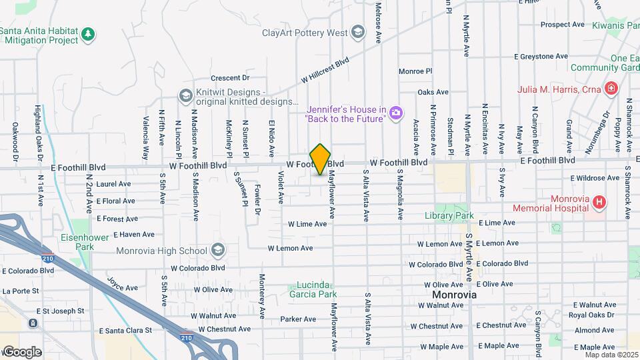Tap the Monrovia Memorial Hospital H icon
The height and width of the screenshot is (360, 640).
coord(600,202)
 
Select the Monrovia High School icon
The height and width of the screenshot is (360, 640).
coord(217,251)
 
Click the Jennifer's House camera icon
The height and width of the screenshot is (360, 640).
coord(396,113)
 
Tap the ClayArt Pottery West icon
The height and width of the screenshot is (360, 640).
coord(358,32)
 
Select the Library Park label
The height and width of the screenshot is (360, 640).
coord(449,215)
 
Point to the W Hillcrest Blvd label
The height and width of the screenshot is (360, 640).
coord(325,69)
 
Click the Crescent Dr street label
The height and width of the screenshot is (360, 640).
coord(229,77)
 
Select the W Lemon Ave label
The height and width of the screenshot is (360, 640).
coord(290,248)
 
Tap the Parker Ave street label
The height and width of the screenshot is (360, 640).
coord(292,319)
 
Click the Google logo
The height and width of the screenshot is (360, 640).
coord(21,351)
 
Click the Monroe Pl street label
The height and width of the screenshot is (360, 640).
coord(415,71)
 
